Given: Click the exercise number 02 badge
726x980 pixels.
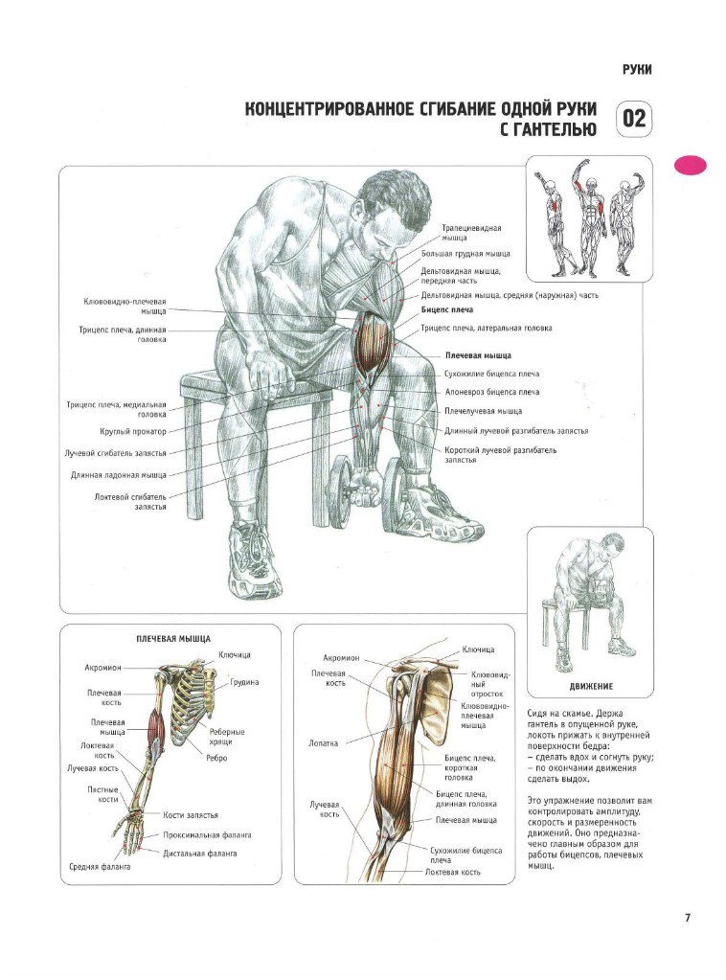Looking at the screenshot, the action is point(634,119).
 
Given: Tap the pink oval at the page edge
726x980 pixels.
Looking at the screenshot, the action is point(691,165).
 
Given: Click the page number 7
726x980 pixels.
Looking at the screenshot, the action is point(688,918).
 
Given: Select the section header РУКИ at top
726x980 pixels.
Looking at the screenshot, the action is point(637,69).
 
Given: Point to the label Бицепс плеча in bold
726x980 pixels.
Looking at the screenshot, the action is point(446,309).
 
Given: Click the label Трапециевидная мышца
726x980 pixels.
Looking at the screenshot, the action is point(471,233).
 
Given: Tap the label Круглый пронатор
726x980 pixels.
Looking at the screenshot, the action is point(133,431).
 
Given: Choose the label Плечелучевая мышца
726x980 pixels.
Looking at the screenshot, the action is point(483,411).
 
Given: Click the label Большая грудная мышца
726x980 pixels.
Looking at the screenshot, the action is point(465,254).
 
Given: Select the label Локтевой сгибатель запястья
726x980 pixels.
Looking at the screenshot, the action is point(130,502).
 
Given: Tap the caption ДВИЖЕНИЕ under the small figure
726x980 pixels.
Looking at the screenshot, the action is point(591,686).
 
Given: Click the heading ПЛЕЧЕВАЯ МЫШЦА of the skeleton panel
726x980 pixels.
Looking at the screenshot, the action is point(173,639).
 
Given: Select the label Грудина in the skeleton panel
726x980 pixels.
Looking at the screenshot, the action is point(244,682).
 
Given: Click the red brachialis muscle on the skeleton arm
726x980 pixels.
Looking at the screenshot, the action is point(155,732).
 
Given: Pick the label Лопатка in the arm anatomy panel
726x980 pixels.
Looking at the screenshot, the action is point(323,743).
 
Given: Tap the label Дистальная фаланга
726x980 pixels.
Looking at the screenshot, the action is point(200,854).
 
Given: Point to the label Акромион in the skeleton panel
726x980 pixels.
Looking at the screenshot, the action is point(103,668).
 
